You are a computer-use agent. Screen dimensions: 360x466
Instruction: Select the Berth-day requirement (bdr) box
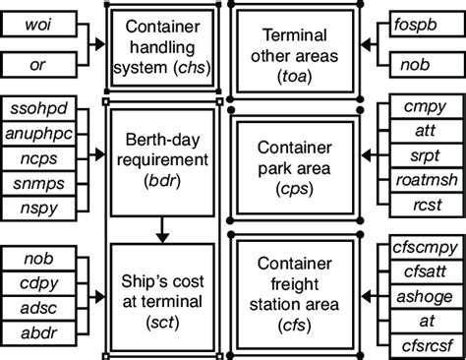coord(164,160)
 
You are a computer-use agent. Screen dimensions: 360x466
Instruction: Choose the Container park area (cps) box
coord(293,162)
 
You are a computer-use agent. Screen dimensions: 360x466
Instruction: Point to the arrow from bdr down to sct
coord(164,228)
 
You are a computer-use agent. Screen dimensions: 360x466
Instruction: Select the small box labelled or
coord(40,66)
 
